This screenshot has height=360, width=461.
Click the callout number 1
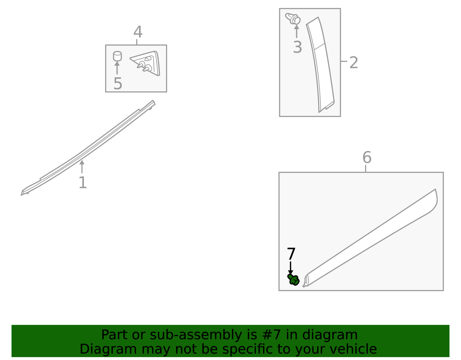(83, 182)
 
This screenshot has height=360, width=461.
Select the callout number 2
(354, 62)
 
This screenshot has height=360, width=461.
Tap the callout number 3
(297, 47)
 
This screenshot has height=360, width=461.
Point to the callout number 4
(138, 32)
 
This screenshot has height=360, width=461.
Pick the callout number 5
(118, 83)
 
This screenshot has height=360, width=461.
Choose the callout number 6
(367, 157)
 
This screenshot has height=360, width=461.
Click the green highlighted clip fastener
(293, 280)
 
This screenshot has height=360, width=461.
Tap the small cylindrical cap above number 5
(117, 56)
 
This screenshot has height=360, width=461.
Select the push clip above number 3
(293, 19)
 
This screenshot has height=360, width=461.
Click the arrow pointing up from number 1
(82, 167)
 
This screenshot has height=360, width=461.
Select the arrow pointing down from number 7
(290, 268)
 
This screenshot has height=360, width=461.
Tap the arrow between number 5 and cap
(117, 68)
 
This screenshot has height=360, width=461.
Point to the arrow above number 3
(296, 31)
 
